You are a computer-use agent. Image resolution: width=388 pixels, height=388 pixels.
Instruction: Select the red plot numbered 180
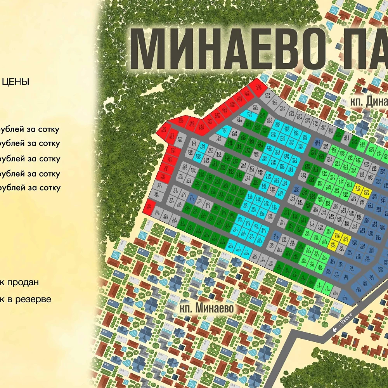(163, 130)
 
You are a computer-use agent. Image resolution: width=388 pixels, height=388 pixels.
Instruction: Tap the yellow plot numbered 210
(358, 189)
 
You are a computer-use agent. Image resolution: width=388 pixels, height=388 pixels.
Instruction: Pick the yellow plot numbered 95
(333, 244)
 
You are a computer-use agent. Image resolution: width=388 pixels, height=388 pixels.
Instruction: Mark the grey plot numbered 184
(219, 139)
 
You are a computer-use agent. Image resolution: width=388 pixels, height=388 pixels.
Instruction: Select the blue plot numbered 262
(317, 143)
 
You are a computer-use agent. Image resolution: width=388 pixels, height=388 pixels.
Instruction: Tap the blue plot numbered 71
(192, 198)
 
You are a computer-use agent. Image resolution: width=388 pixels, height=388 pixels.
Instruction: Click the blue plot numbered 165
(297, 189)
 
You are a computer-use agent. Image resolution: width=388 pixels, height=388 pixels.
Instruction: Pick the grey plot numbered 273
(267, 95)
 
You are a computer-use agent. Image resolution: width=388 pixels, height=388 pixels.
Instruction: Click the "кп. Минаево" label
(208, 308)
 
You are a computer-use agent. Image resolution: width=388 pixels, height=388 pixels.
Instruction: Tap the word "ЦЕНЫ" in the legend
(16, 82)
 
